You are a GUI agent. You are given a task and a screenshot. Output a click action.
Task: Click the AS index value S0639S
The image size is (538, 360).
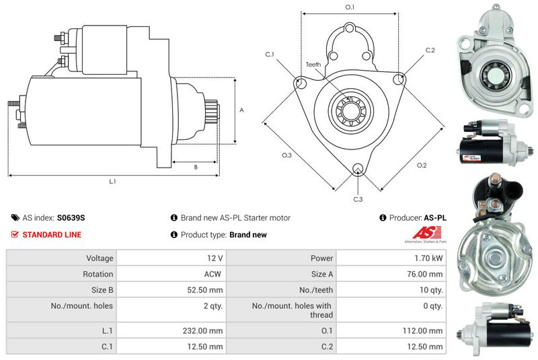click(x=71, y=217)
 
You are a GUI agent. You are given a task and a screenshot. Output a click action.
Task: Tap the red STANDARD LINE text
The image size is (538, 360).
click(x=52, y=235)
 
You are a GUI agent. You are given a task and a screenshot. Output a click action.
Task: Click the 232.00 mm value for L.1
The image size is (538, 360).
click(x=203, y=330)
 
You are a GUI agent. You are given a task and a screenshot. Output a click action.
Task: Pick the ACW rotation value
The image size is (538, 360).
click(x=213, y=274)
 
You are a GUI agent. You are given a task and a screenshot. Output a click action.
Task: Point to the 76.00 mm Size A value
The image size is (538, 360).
click(x=424, y=274)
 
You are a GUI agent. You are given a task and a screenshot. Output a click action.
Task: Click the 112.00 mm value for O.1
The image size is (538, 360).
click(x=422, y=330)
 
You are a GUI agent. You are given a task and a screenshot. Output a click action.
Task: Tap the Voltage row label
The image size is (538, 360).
click(x=100, y=258)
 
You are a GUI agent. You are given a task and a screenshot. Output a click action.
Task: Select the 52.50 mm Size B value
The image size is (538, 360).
click(x=205, y=290)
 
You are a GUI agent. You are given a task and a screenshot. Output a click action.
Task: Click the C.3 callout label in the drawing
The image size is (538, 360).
click(x=358, y=199)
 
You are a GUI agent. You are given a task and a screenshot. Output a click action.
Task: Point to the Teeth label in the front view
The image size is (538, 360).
click(x=313, y=64)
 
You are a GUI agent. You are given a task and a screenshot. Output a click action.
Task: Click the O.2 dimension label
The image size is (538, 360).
click(x=422, y=166)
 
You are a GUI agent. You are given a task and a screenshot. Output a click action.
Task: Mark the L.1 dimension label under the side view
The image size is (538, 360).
click(x=112, y=181)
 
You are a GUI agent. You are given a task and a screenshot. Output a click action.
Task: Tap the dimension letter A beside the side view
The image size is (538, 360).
click(x=241, y=110)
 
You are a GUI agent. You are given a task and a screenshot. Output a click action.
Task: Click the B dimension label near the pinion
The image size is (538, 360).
click(x=196, y=167)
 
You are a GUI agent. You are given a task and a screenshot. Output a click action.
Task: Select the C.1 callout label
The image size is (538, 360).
click(x=270, y=55)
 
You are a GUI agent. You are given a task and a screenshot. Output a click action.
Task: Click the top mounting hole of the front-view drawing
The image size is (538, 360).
click(x=349, y=28)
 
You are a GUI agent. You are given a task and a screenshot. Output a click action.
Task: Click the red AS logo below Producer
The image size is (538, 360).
click(x=426, y=232)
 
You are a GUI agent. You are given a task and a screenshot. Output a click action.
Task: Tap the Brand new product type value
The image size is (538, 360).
click(x=248, y=235)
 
